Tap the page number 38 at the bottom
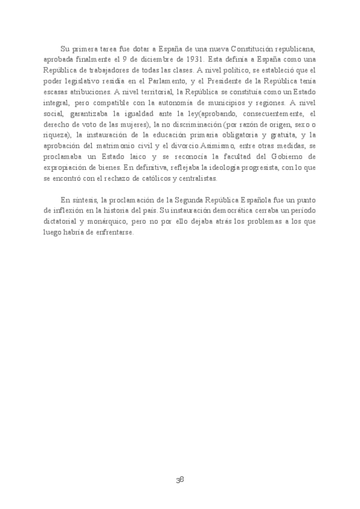[x=179, y=480]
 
